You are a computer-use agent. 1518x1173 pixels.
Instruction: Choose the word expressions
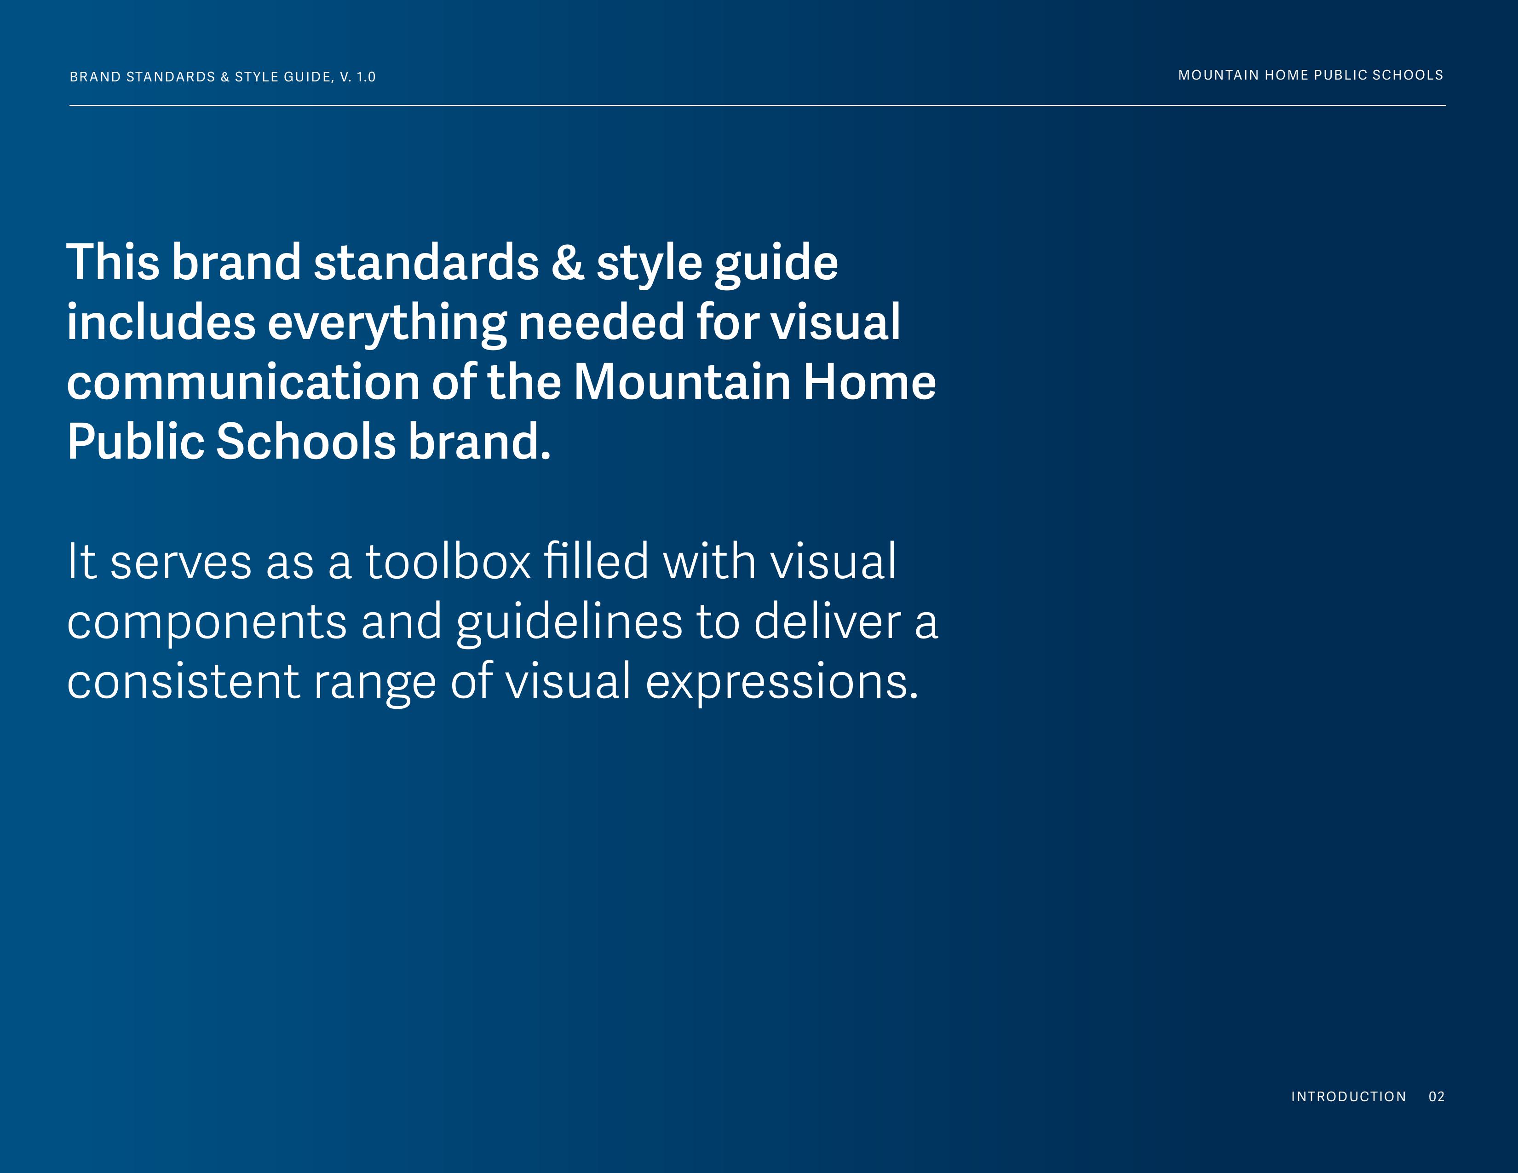coord(782,682)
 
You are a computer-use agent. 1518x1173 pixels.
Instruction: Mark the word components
coord(207,623)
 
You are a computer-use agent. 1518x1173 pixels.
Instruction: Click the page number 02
coord(1437,1097)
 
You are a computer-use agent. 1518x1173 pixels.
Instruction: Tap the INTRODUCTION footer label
coord(1348,1097)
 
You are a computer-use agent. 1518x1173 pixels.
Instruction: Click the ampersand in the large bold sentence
coord(567,262)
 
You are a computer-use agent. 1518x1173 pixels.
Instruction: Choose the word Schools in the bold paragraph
coord(306,442)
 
